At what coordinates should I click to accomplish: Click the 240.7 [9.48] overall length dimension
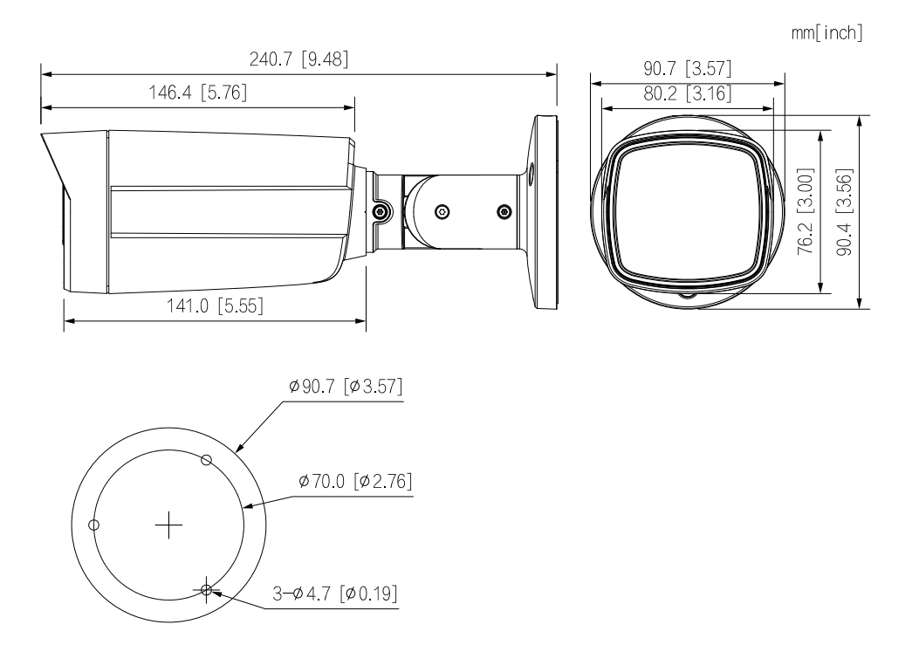(298, 59)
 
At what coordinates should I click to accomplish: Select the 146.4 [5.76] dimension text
(197, 93)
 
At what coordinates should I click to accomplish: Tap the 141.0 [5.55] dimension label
(215, 305)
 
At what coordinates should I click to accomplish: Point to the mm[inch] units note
(826, 33)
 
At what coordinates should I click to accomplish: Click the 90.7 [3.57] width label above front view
(688, 69)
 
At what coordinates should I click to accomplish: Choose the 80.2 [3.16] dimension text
(688, 93)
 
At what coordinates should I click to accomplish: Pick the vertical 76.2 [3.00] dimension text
(806, 211)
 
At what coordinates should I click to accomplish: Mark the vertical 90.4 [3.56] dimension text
(844, 212)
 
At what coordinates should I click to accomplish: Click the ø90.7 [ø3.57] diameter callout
(346, 386)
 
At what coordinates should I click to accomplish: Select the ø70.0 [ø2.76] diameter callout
(355, 482)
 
